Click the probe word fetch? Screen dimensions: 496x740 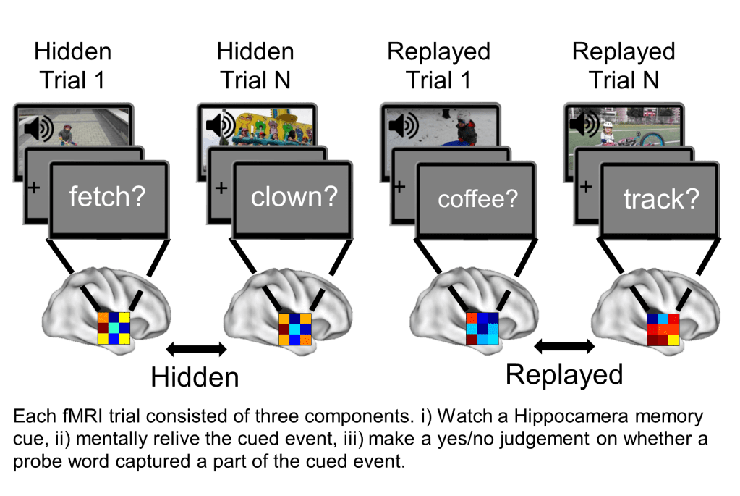[106, 197]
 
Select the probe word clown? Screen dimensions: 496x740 [294, 197]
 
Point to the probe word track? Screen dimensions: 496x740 [662, 200]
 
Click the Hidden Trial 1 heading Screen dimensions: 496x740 [73, 65]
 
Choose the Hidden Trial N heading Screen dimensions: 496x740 [255, 65]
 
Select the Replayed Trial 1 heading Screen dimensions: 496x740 [438, 65]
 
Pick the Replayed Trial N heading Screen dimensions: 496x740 [624, 65]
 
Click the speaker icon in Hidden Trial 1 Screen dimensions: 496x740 [38, 130]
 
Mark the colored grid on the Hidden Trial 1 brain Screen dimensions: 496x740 [114, 327]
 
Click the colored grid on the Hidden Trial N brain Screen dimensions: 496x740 [295, 328]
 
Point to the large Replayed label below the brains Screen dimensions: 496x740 [564, 374]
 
